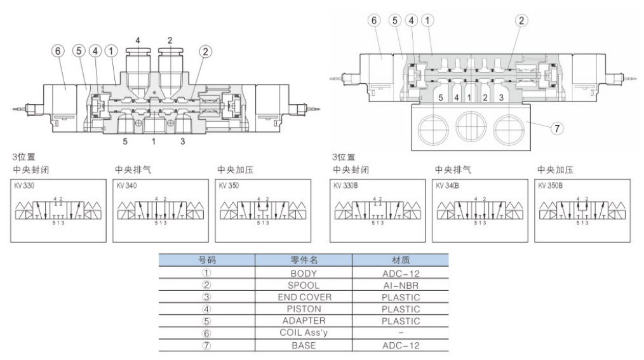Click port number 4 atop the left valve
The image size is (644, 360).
[138, 41]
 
